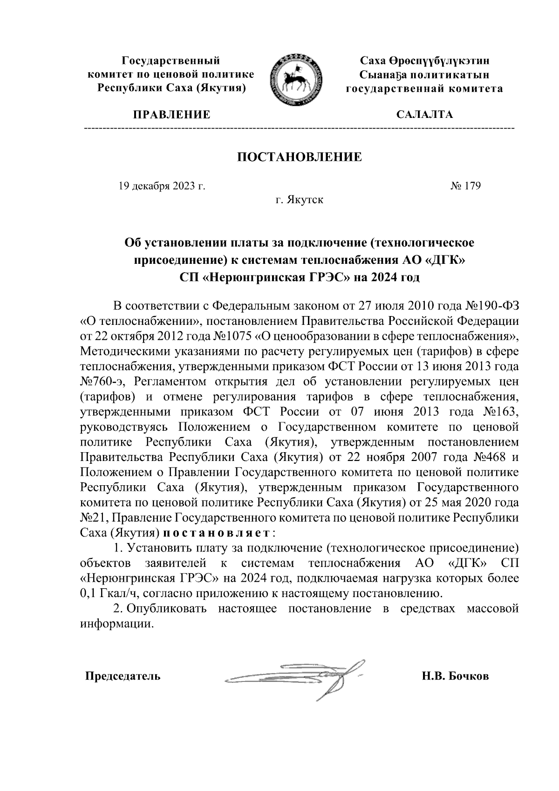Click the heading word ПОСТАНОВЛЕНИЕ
click(x=300, y=157)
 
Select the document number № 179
click(x=465, y=186)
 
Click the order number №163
click(x=500, y=412)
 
